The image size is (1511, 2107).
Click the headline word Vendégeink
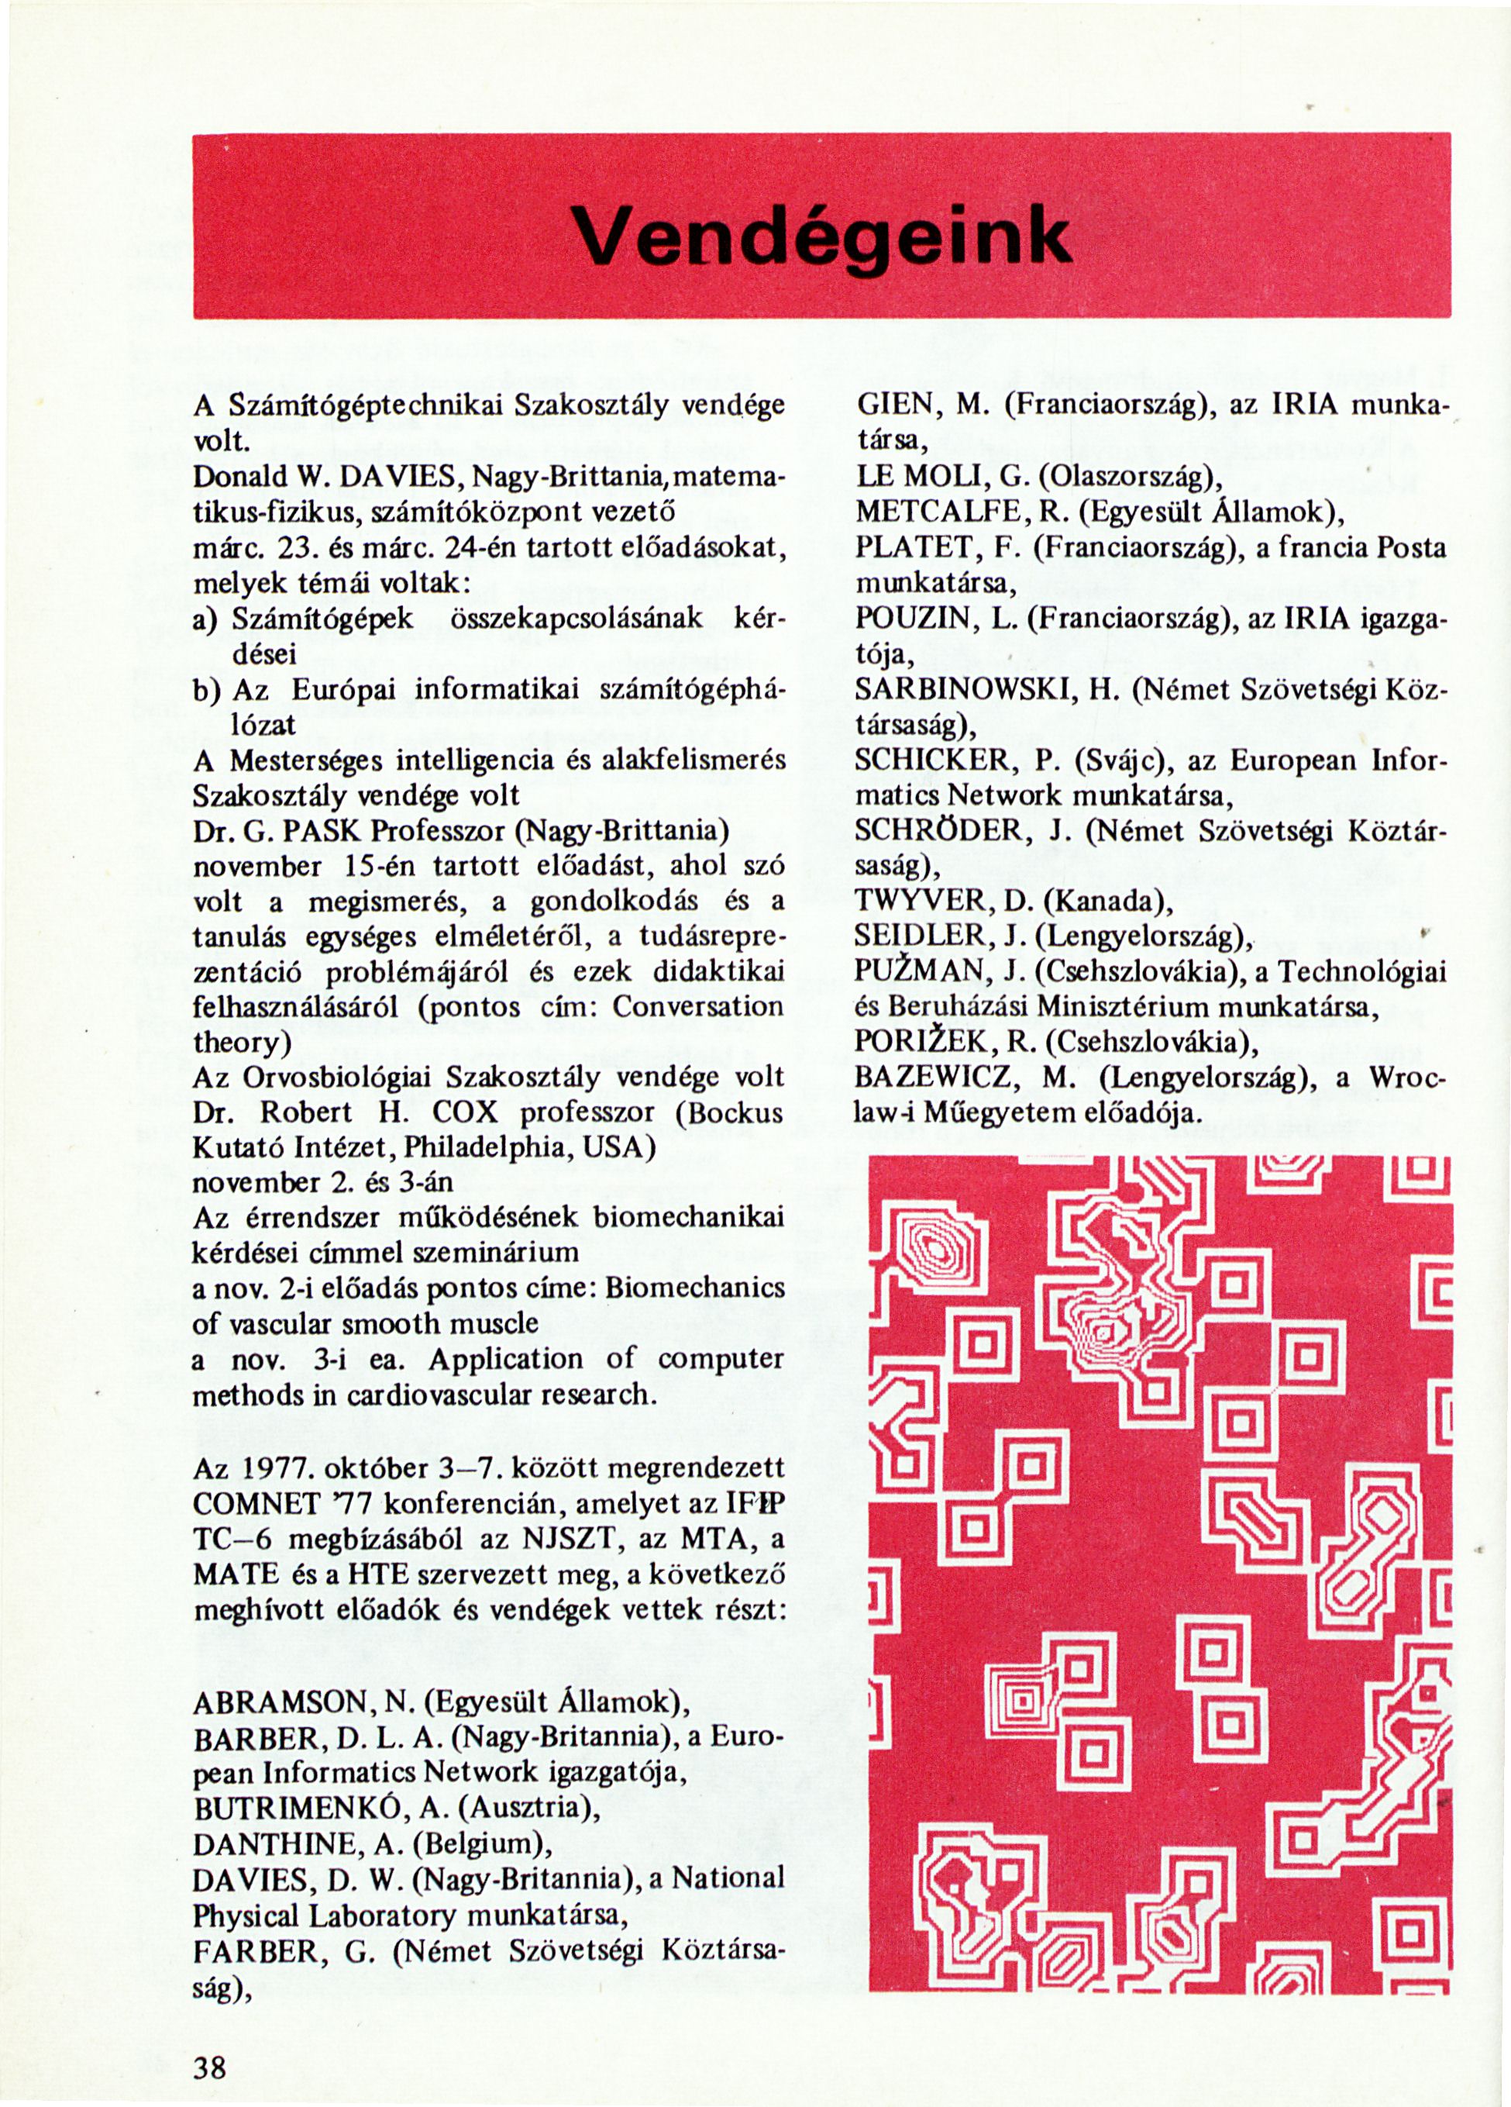(x=821, y=234)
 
